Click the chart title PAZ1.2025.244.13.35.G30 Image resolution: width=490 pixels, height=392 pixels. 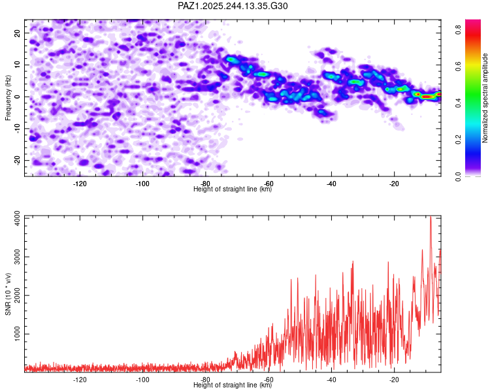(x=233, y=6)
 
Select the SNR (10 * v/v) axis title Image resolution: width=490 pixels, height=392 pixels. (x=8, y=294)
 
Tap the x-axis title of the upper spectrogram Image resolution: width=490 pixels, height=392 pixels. (x=233, y=189)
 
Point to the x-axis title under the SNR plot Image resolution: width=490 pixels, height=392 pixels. (x=233, y=385)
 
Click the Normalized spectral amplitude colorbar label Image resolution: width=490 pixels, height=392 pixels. (x=485, y=98)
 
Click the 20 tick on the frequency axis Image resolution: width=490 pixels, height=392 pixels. (x=18, y=33)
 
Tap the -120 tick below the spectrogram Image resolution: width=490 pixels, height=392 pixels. (x=80, y=184)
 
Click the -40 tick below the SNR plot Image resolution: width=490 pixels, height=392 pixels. (x=331, y=380)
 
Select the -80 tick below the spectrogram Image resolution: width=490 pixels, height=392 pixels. (x=205, y=184)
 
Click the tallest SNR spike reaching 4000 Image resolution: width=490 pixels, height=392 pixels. (x=430, y=218)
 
